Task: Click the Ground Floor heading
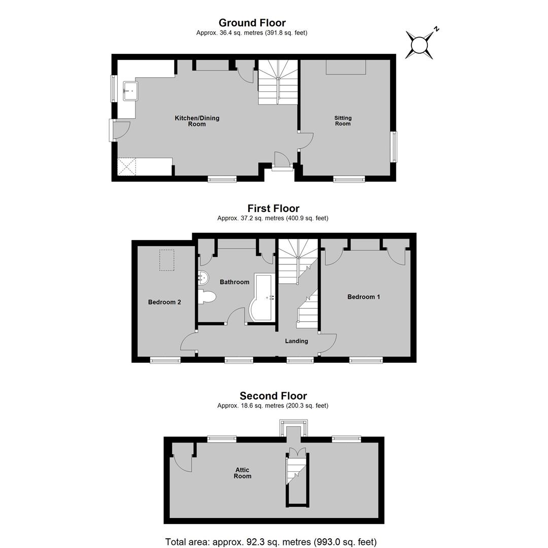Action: [252, 23]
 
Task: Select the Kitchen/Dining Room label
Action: [197, 121]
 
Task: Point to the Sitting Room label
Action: [343, 121]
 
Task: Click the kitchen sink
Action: [130, 91]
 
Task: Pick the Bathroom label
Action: [234, 282]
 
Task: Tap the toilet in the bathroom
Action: [207, 297]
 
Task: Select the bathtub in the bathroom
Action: [262, 297]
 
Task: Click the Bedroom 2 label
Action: [164, 302]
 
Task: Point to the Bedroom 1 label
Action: [364, 297]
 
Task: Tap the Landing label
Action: [296, 341]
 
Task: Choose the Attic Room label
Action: [243, 473]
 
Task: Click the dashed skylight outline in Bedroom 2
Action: [167, 260]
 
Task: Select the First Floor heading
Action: [273, 209]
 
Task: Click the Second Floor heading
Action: [273, 396]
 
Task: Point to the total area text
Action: [271, 542]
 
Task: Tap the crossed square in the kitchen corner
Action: [126, 167]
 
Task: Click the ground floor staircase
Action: [278, 82]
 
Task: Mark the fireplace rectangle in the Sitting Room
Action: [346, 67]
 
